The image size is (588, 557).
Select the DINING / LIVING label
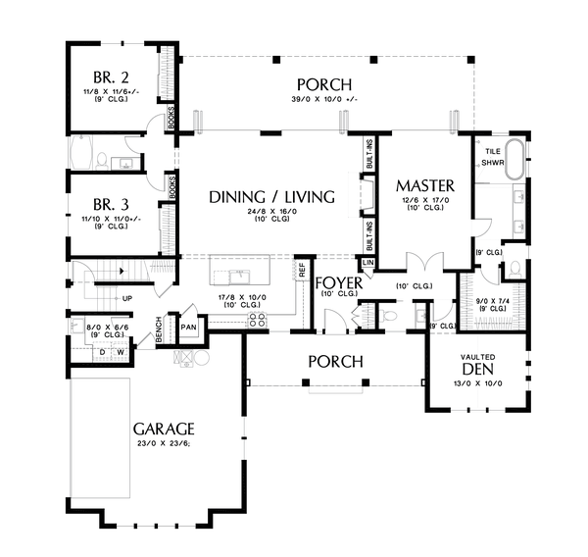(271, 196)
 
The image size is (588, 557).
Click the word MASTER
(424, 185)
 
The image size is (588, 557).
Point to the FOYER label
(340, 284)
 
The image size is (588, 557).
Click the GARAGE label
(165, 429)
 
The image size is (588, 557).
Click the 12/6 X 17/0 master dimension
(424, 202)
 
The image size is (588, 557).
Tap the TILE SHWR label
(491, 157)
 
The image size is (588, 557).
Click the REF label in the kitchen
(302, 266)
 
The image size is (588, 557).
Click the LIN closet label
(368, 263)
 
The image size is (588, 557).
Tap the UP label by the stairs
(126, 298)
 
